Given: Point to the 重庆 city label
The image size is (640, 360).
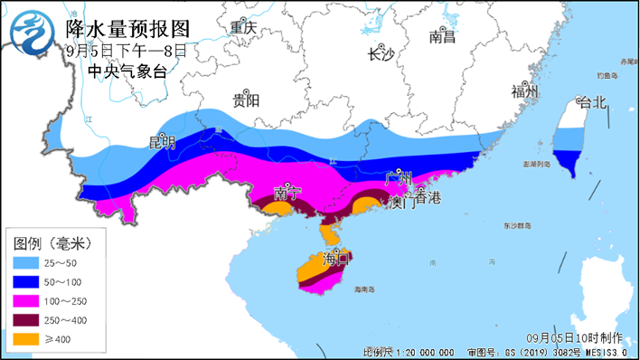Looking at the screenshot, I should pos(243,28).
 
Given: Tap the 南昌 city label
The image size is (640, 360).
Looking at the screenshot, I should pos(442,37).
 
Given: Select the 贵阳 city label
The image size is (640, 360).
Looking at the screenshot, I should pos(245,99).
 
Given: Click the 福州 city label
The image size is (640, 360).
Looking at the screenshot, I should pos(525,92).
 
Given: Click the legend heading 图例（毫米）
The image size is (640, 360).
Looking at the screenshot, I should pos(52,243).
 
